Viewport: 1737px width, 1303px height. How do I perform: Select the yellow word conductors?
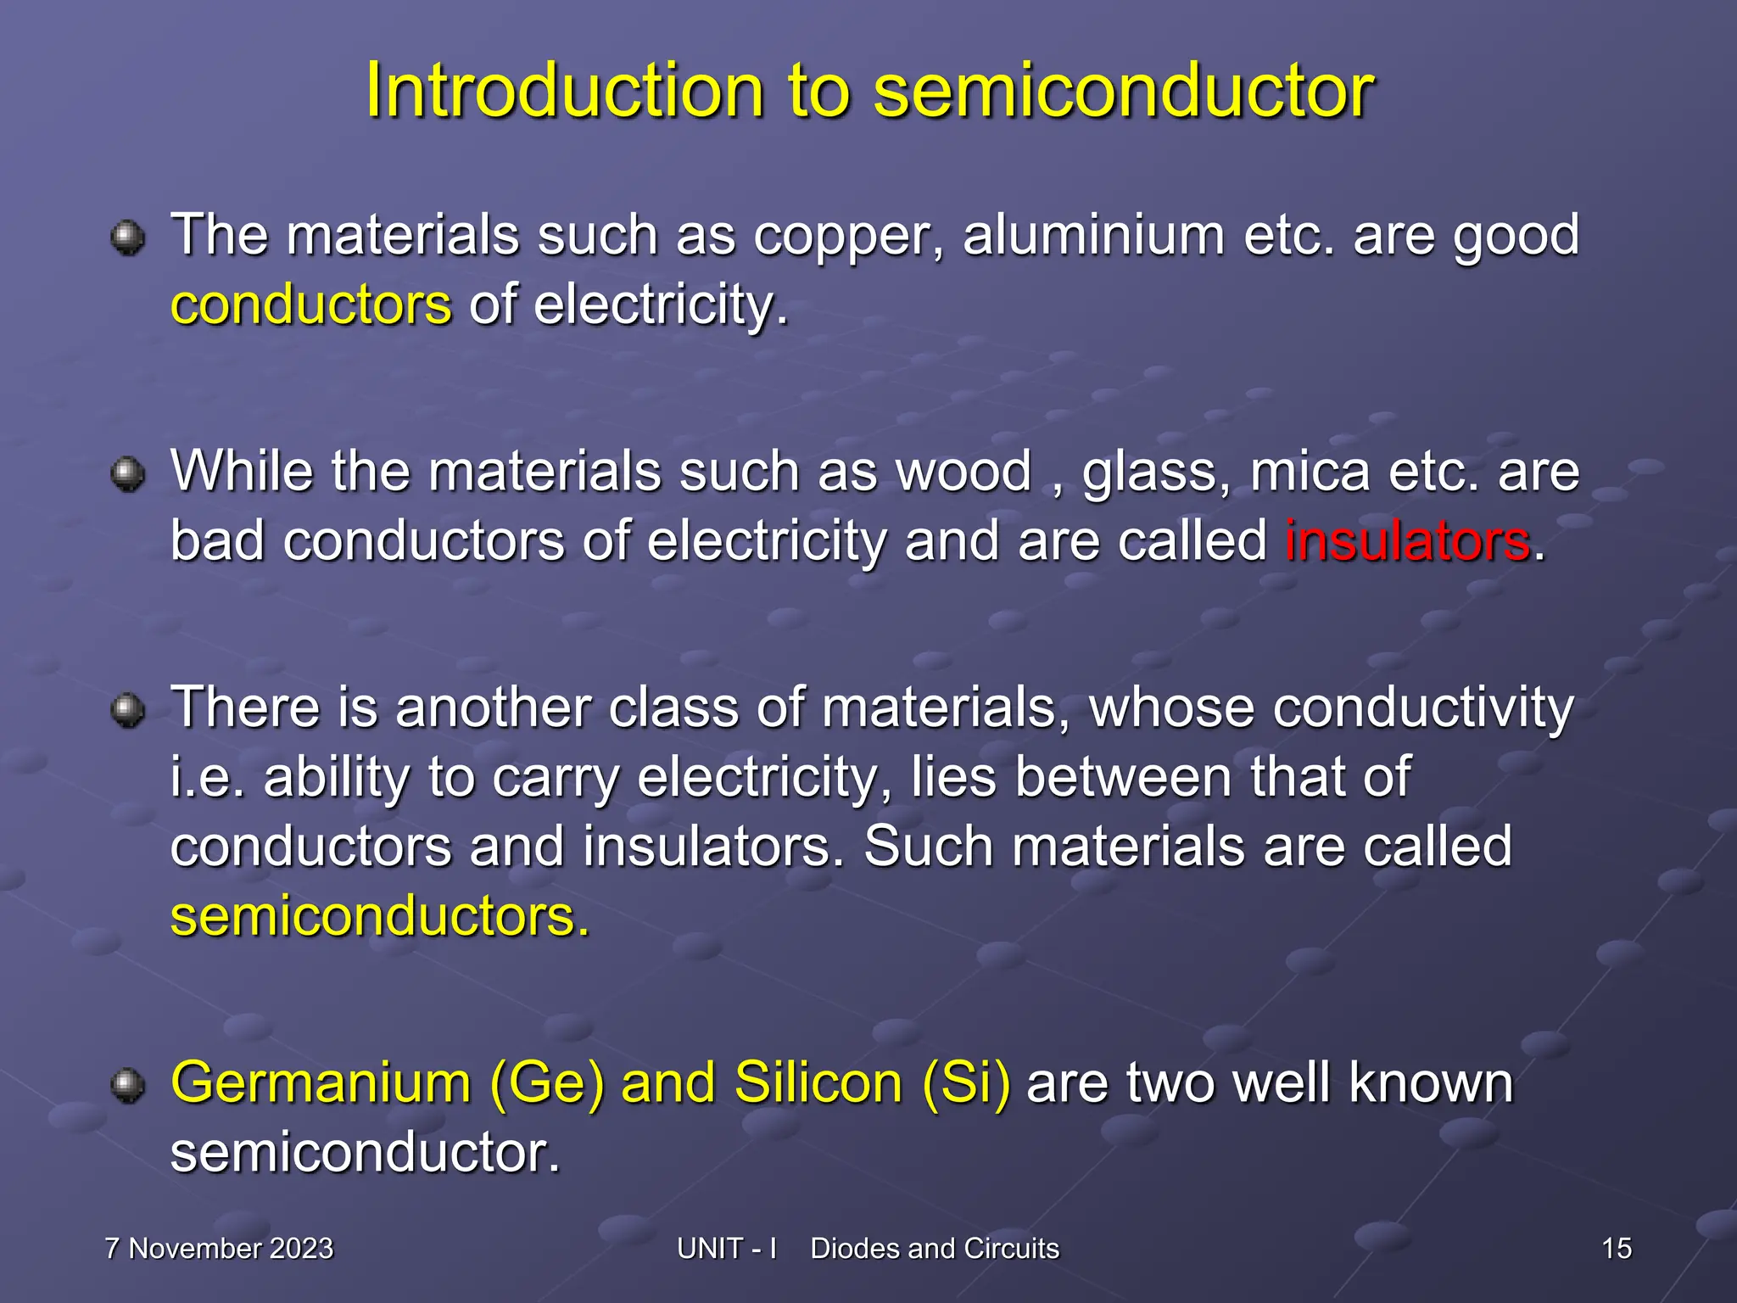tap(311, 305)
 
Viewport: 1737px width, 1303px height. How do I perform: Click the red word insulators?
tap(1408, 540)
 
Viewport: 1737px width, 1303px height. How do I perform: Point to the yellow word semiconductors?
tap(379, 917)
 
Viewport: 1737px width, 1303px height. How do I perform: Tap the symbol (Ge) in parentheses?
tap(547, 1083)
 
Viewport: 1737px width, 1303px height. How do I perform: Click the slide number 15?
tap(1617, 1249)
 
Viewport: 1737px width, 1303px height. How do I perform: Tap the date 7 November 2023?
tap(219, 1249)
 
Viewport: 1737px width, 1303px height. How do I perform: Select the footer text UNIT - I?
tap(727, 1249)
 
